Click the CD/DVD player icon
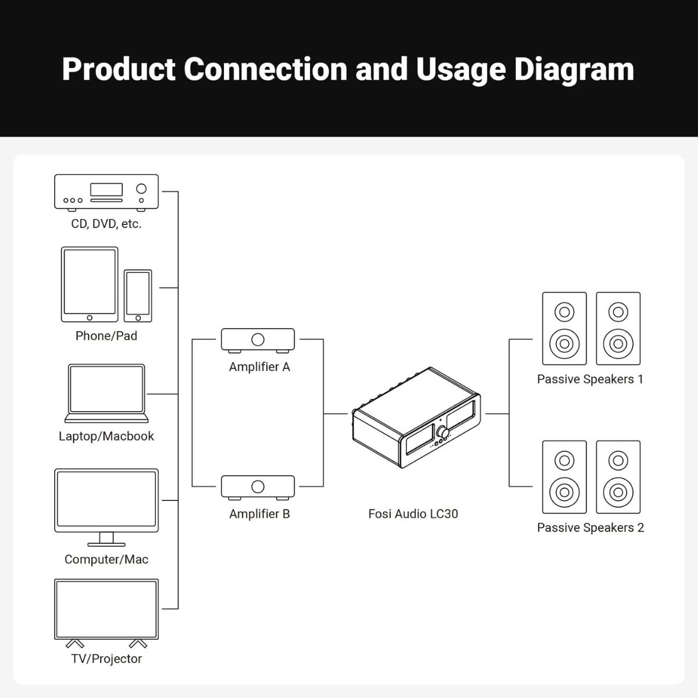[x=106, y=191]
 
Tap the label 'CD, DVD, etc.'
[x=106, y=224]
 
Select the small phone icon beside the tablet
[x=138, y=295]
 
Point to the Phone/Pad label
[x=106, y=336]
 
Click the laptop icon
[x=106, y=393]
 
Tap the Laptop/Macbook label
[x=106, y=436]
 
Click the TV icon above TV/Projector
[x=106, y=610]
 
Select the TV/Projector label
[x=106, y=658]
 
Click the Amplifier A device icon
[x=258, y=340]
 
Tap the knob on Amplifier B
[x=258, y=486]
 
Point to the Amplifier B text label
[x=259, y=514]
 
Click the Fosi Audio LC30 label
[x=413, y=514]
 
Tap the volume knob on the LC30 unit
[x=444, y=433]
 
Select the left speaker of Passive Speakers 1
[x=564, y=329]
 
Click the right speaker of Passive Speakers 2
[x=618, y=477]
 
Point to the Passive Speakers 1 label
[x=590, y=379]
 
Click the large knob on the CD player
[x=141, y=188]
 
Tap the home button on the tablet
[x=90, y=318]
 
